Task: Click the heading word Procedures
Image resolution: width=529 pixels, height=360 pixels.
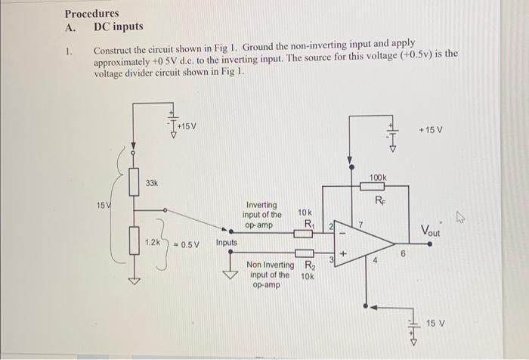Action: (91, 14)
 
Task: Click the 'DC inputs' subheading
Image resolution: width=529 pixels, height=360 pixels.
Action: (118, 27)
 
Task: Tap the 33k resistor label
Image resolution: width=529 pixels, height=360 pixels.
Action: (151, 184)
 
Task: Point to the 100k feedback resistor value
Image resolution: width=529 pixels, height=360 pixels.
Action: (378, 177)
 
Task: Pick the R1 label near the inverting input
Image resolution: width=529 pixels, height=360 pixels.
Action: (308, 225)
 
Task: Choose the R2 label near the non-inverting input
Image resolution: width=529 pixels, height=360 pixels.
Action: (309, 265)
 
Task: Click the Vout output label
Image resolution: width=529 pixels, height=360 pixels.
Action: (435, 230)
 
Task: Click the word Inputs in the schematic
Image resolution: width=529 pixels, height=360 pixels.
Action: (227, 243)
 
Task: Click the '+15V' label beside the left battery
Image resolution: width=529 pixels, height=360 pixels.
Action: (184, 126)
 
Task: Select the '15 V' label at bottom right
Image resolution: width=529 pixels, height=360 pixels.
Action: (435, 323)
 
